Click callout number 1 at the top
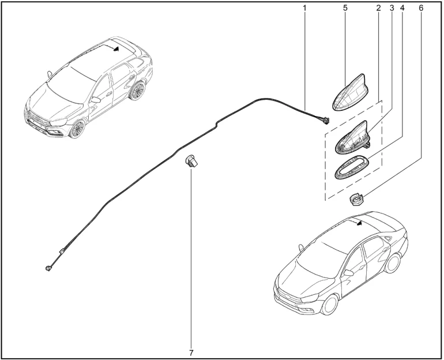304,8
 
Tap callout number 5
345,8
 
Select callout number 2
379,8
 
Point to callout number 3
392,8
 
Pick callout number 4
402,8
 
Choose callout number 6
421,8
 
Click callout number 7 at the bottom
191,353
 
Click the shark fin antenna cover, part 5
349,94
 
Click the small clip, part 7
191,162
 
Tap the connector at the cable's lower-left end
48,268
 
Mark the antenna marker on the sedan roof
360,223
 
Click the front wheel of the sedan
330,305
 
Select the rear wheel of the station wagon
138,91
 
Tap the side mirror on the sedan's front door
348,273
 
